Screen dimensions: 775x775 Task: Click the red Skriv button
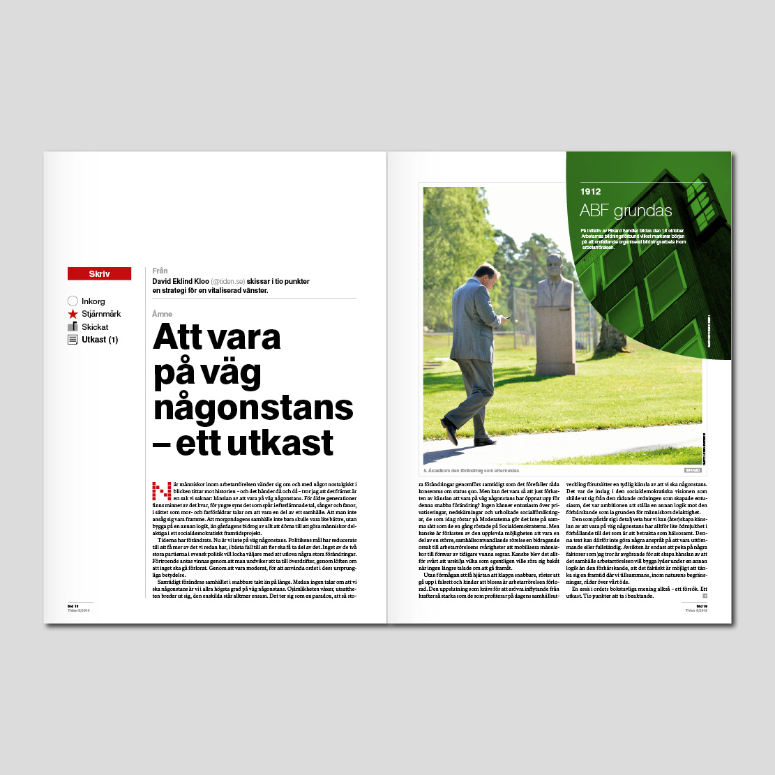99,274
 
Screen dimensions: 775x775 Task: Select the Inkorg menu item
93,301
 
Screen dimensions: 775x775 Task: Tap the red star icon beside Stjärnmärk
73,315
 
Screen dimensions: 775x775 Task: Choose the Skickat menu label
95,327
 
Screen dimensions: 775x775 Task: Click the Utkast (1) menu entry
100,340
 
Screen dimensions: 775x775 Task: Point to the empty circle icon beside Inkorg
73,301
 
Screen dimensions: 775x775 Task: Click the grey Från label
160,271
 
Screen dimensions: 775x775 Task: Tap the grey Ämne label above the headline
162,314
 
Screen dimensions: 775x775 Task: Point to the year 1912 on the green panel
590,192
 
